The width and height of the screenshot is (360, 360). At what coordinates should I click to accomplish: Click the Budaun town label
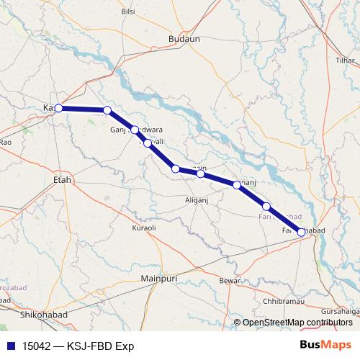(184, 39)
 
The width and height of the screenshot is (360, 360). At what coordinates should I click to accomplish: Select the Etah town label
(63, 179)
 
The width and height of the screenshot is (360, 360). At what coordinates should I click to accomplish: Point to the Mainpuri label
(159, 277)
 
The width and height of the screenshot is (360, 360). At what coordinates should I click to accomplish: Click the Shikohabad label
(45, 315)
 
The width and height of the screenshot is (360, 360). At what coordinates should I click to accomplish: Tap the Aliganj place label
(197, 199)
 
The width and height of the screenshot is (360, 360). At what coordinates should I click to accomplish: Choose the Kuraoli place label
(144, 228)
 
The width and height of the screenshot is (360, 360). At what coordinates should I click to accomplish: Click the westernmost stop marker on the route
(58, 108)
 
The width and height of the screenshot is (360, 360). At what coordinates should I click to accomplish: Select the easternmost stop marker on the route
(302, 232)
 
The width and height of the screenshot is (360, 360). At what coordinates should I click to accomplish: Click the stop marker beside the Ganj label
(135, 130)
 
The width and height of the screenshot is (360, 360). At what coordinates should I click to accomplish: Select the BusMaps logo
(325, 345)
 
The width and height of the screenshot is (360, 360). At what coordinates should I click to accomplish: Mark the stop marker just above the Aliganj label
(201, 174)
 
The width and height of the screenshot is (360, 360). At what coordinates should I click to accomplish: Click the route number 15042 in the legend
(35, 346)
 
